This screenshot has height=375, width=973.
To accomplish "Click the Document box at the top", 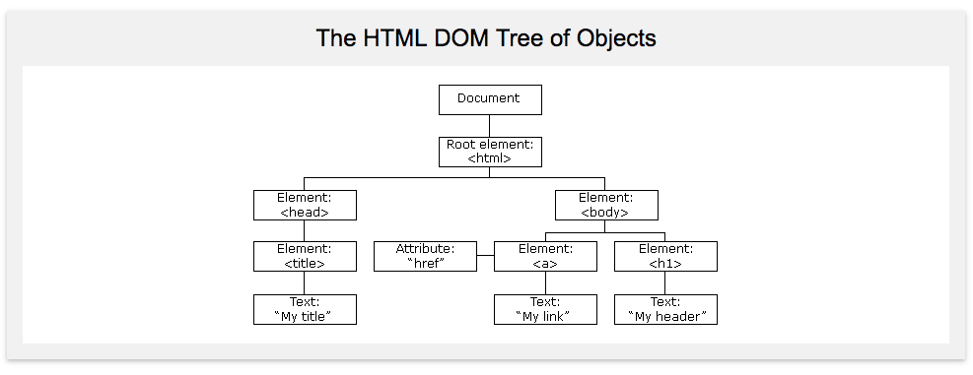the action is click(490, 99).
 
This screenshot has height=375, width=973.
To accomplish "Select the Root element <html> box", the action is click(490, 152).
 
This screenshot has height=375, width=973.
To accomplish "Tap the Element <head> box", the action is click(305, 205).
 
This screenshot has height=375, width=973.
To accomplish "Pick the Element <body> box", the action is click(606, 205).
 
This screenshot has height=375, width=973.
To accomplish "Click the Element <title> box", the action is click(305, 256).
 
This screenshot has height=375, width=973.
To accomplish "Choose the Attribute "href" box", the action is click(425, 256).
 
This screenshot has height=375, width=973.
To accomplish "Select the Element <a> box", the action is click(545, 256).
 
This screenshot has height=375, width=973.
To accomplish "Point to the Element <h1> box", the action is click(665, 256).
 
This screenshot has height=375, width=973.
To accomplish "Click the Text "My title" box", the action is click(305, 309).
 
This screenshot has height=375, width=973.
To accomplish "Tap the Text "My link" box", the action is click(545, 309).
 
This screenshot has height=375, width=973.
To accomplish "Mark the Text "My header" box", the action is click(665, 309).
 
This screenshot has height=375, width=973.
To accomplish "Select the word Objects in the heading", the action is click(615, 39).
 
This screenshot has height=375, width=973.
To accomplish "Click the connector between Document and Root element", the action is click(490, 126).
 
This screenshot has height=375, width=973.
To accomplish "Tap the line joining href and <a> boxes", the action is click(485, 255).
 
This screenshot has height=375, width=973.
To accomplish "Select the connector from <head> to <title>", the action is click(304, 230).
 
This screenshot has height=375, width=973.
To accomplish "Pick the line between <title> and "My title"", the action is click(304, 282).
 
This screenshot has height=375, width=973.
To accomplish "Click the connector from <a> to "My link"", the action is click(545, 282).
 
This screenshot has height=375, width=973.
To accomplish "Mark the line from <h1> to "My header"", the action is click(664, 282).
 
